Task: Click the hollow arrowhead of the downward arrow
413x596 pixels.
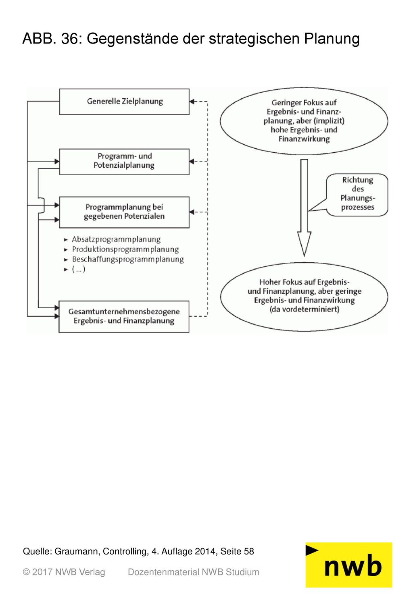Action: coord(304,244)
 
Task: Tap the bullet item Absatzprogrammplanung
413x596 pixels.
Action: coord(116,239)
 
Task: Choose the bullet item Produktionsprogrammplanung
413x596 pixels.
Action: coord(125,249)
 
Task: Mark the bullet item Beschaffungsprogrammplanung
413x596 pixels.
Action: coord(128,260)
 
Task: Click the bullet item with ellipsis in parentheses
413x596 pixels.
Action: coord(79,270)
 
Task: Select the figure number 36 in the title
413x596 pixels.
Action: coord(70,39)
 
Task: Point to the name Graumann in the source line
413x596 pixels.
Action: coord(76,551)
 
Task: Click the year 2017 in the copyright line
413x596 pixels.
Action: coord(42,572)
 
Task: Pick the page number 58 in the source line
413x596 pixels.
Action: coord(249,551)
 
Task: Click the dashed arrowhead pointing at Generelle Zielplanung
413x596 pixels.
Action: coord(192,102)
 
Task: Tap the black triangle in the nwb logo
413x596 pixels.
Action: coord(311,550)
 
